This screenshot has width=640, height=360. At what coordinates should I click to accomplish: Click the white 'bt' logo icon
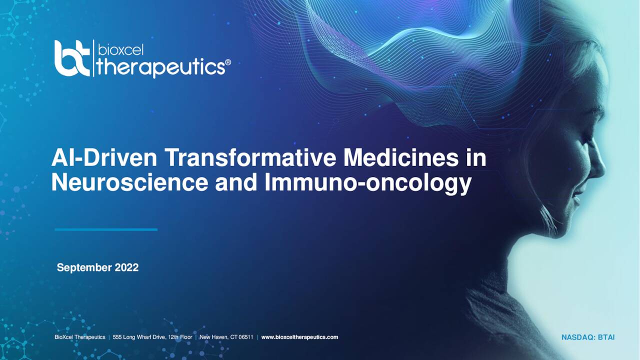click(72, 58)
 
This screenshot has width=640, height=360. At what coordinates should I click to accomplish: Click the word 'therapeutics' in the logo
click(159, 67)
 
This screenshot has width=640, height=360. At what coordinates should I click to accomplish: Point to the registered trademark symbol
click(228, 62)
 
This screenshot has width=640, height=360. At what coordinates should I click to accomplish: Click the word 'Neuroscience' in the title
click(129, 182)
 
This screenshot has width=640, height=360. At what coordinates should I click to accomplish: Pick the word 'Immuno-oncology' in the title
click(368, 183)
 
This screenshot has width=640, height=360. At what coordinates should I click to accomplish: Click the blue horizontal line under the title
click(106, 229)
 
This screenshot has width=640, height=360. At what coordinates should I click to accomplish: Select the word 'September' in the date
click(84, 267)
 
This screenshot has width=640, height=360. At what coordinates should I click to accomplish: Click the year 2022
click(126, 267)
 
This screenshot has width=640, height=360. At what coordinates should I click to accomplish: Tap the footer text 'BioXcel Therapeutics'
click(79, 337)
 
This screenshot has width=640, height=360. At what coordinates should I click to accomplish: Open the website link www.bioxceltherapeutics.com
click(299, 337)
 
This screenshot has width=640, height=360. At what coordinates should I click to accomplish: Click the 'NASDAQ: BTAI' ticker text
click(588, 337)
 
